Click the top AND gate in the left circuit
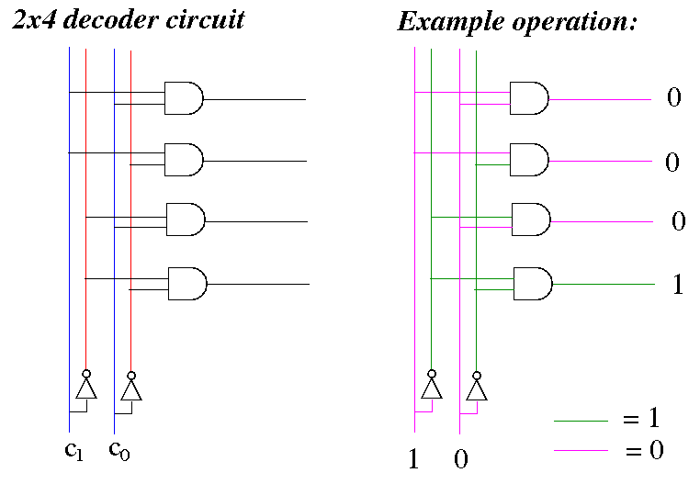pos(184,98)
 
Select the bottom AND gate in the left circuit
pos(187,284)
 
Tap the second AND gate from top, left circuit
pos(184,160)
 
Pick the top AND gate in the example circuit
pos(529,98)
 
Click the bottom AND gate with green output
pos(533,284)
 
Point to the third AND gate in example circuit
pos(531,219)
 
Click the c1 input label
pos(73,450)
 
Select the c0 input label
pos(119,450)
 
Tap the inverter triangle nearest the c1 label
pos(86,388)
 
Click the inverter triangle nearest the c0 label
pos(131,389)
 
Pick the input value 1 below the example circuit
pos(413,458)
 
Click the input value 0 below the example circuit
pos(461,459)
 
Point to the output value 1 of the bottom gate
pos(678,284)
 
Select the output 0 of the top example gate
pos(674,96)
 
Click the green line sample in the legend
pos(581,421)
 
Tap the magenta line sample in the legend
pos(581,450)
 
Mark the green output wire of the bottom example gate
pos(604,284)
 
